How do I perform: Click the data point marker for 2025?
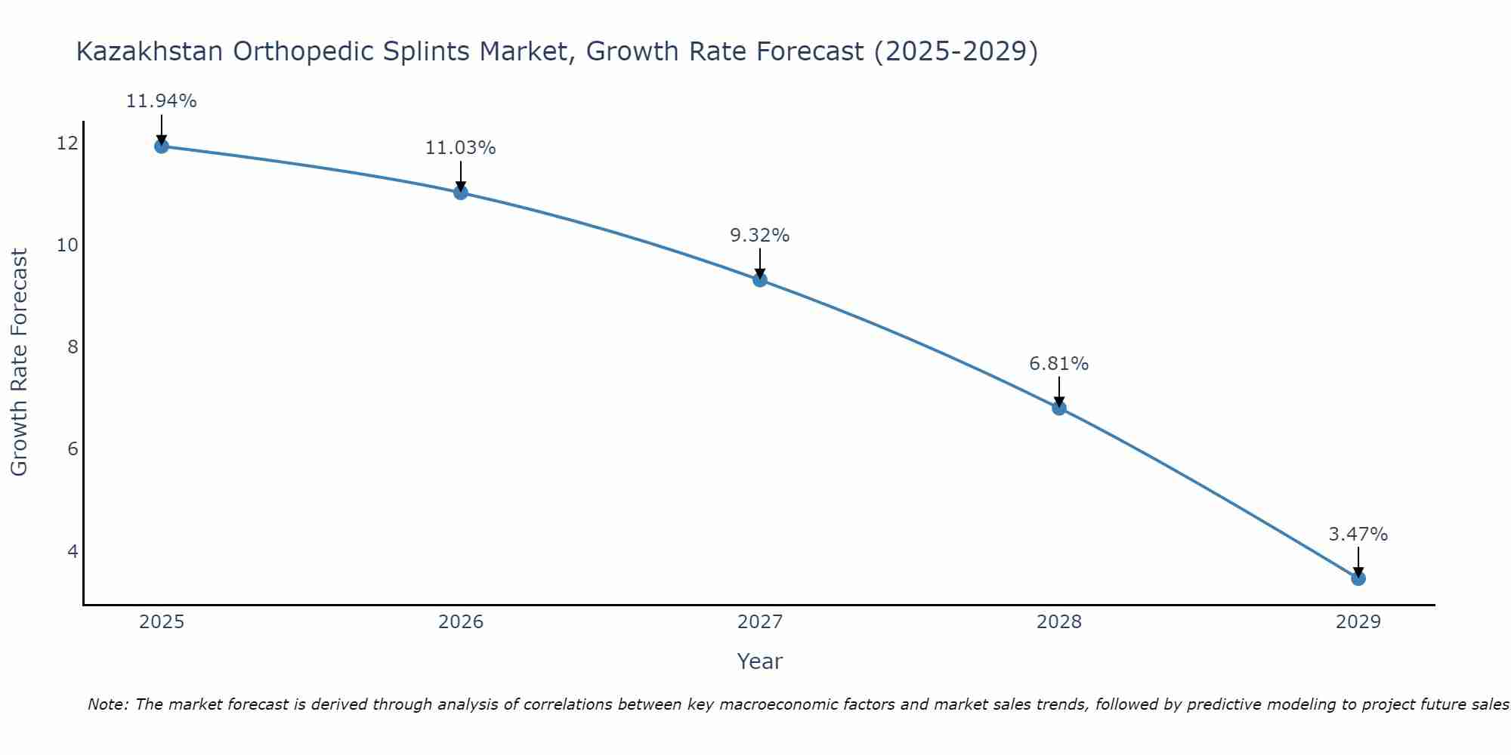click(x=161, y=146)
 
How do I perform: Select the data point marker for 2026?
click(x=461, y=193)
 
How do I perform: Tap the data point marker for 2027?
click(x=760, y=280)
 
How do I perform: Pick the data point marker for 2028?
click(x=1059, y=408)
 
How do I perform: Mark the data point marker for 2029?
click(x=1358, y=579)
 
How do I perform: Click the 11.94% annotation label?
click(x=161, y=101)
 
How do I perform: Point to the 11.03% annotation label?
click(x=460, y=148)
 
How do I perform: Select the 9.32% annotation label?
click(x=759, y=236)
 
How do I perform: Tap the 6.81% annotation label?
click(x=1058, y=364)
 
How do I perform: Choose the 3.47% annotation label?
click(x=1358, y=535)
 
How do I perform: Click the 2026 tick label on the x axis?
click(x=461, y=622)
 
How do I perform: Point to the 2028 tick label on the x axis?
click(x=1059, y=622)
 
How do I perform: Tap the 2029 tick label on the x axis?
click(x=1358, y=622)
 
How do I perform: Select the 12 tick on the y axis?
click(x=67, y=143)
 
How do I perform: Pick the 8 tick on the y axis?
click(x=73, y=347)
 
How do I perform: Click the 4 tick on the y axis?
click(x=73, y=551)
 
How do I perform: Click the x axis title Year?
click(x=759, y=661)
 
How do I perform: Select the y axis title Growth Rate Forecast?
click(x=19, y=362)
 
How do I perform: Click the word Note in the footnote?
click(x=107, y=704)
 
